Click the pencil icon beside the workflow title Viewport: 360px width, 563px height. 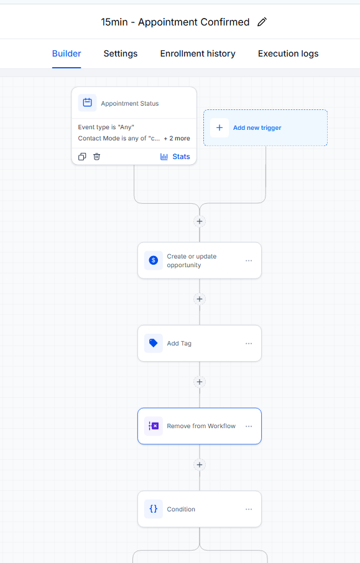[x=262, y=22]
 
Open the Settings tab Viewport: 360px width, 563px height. [x=121, y=53]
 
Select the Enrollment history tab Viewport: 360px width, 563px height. [x=198, y=53]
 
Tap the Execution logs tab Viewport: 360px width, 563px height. [x=288, y=53]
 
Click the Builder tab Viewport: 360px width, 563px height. [x=67, y=53]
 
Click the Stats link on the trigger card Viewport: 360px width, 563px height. [x=175, y=157]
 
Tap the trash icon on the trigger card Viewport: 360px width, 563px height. [x=96, y=157]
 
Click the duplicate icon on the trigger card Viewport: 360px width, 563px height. [x=82, y=157]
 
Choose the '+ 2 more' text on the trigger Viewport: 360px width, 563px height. [x=177, y=138]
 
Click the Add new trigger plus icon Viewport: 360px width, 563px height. [x=219, y=128]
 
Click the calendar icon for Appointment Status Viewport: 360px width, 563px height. [x=87, y=103]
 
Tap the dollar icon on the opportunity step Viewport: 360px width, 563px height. [x=154, y=260]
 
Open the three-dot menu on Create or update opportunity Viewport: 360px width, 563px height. [x=249, y=260]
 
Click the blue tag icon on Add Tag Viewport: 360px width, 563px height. [x=154, y=343]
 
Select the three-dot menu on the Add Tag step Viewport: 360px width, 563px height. [x=249, y=344]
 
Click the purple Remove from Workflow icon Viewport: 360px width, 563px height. [x=154, y=426]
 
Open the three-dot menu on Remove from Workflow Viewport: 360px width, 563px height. [x=249, y=426]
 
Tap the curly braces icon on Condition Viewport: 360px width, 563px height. [x=154, y=509]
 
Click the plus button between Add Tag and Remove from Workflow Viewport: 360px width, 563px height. [x=200, y=382]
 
